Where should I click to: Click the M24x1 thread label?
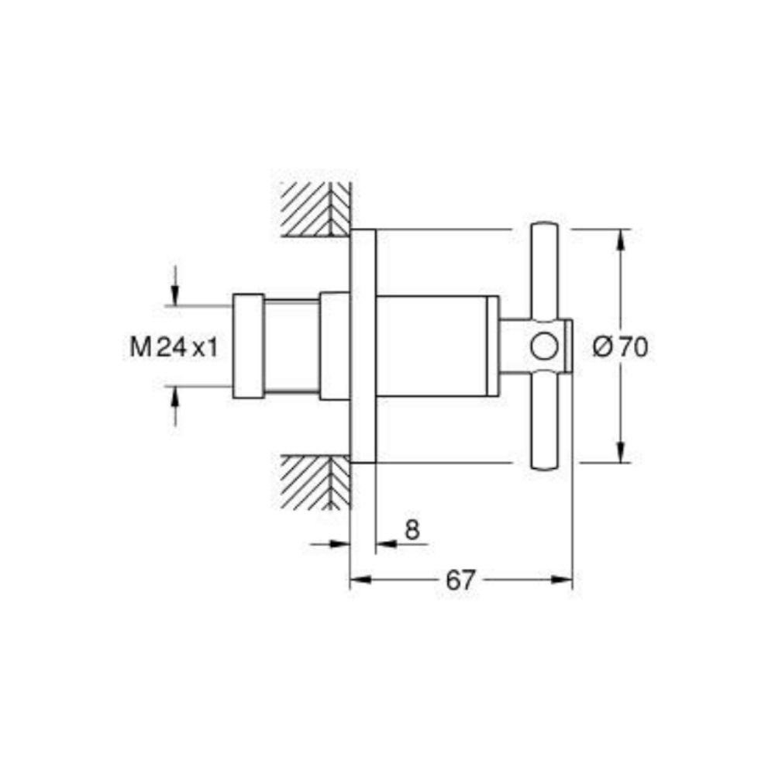(173, 347)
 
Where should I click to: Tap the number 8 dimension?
(412, 529)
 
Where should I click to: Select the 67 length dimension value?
(460, 580)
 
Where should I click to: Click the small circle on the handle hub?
(545, 346)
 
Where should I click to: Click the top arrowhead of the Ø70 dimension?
(620, 239)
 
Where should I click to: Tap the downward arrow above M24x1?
(175, 294)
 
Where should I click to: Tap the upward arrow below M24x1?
(175, 398)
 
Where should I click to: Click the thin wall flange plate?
(363, 346)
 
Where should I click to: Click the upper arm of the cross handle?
(543, 271)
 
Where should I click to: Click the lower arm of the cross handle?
(543, 422)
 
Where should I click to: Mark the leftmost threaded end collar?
(248, 346)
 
